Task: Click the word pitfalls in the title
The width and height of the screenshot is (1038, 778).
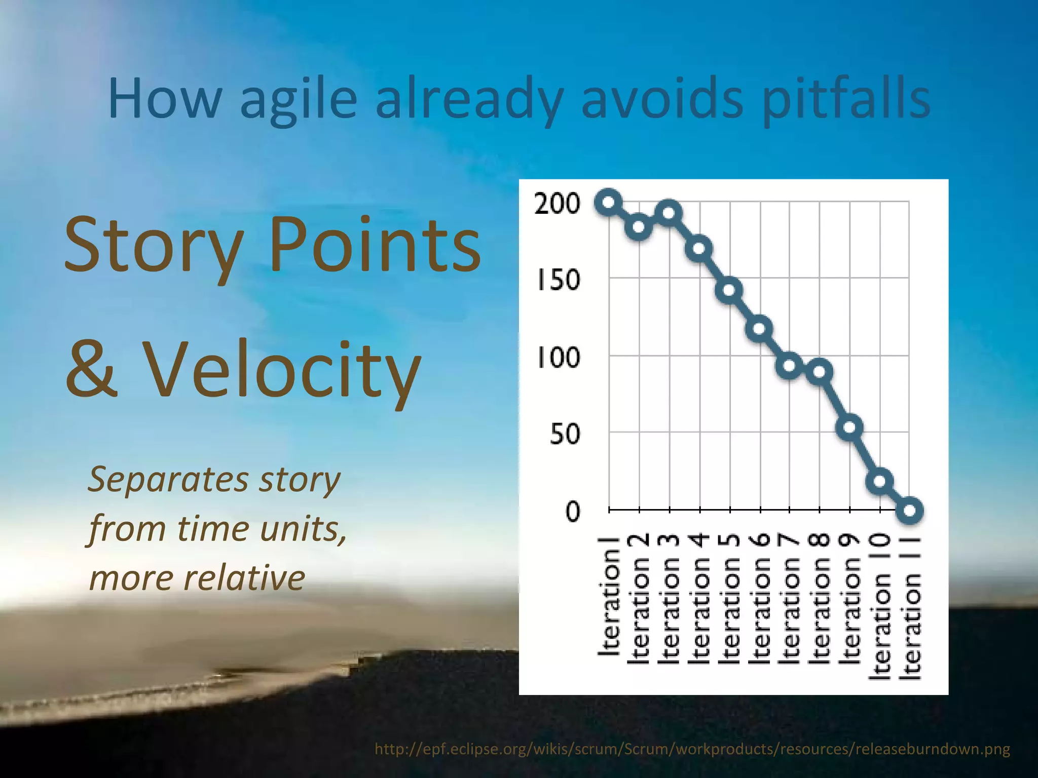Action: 846,100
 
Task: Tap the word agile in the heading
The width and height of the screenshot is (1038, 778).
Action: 299,100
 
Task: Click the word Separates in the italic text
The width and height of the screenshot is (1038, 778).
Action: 168,479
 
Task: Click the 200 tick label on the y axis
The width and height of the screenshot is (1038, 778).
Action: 557,204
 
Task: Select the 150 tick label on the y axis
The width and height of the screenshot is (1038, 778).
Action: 558,280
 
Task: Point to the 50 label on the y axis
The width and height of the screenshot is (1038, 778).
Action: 565,435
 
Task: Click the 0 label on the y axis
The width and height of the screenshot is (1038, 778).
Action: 572,512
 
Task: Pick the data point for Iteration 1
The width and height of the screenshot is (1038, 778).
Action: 609,203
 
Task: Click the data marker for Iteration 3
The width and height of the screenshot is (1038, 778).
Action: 669,213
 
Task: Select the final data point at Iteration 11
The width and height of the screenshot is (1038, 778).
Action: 910,510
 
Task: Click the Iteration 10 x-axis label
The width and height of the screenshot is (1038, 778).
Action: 881,605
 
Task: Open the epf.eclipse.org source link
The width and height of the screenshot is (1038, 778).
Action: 692,749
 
